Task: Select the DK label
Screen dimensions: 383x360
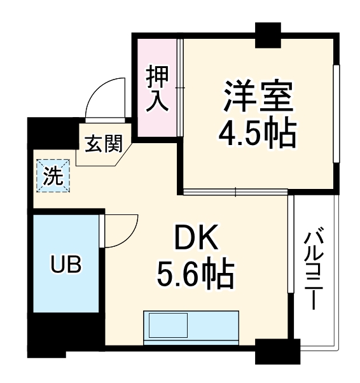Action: [197, 240]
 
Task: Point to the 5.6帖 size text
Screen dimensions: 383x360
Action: [197, 275]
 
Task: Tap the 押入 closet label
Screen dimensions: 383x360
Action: [157, 88]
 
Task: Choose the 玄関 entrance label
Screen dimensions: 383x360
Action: [104, 145]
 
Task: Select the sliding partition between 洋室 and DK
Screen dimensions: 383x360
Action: [235, 190]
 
